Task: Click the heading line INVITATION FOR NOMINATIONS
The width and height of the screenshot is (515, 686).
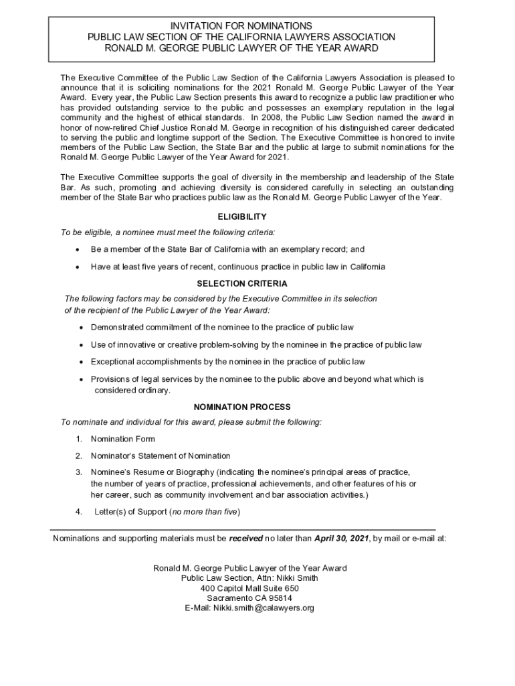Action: pyautogui.click(x=241, y=25)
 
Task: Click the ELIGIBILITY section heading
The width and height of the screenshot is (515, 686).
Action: pyautogui.click(x=242, y=217)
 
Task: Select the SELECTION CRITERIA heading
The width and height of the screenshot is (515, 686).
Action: pyautogui.click(x=242, y=284)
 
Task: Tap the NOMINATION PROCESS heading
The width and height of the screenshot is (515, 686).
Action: pyautogui.click(x=242, y=407)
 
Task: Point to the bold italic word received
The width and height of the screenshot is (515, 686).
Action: pyautogui.click(x=246, y=538)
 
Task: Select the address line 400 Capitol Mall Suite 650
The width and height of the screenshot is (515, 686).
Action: pyautogui.click(x=249, y=588)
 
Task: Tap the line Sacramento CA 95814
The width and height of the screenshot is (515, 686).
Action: pyautogui.click(x=249, y=598)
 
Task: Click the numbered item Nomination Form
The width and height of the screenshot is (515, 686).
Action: pyautogui.click(x=123, y=439)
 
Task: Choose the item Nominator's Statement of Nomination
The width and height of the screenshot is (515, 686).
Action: pyautogui.click(x=161, y=456)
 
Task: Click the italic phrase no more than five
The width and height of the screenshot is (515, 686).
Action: pyautogui.click(x=205, y=512)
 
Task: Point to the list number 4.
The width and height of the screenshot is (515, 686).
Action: pyautogui.click(x=78, y=512)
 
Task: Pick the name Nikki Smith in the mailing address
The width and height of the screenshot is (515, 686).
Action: pyautogui.click(x=296, y=578)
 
